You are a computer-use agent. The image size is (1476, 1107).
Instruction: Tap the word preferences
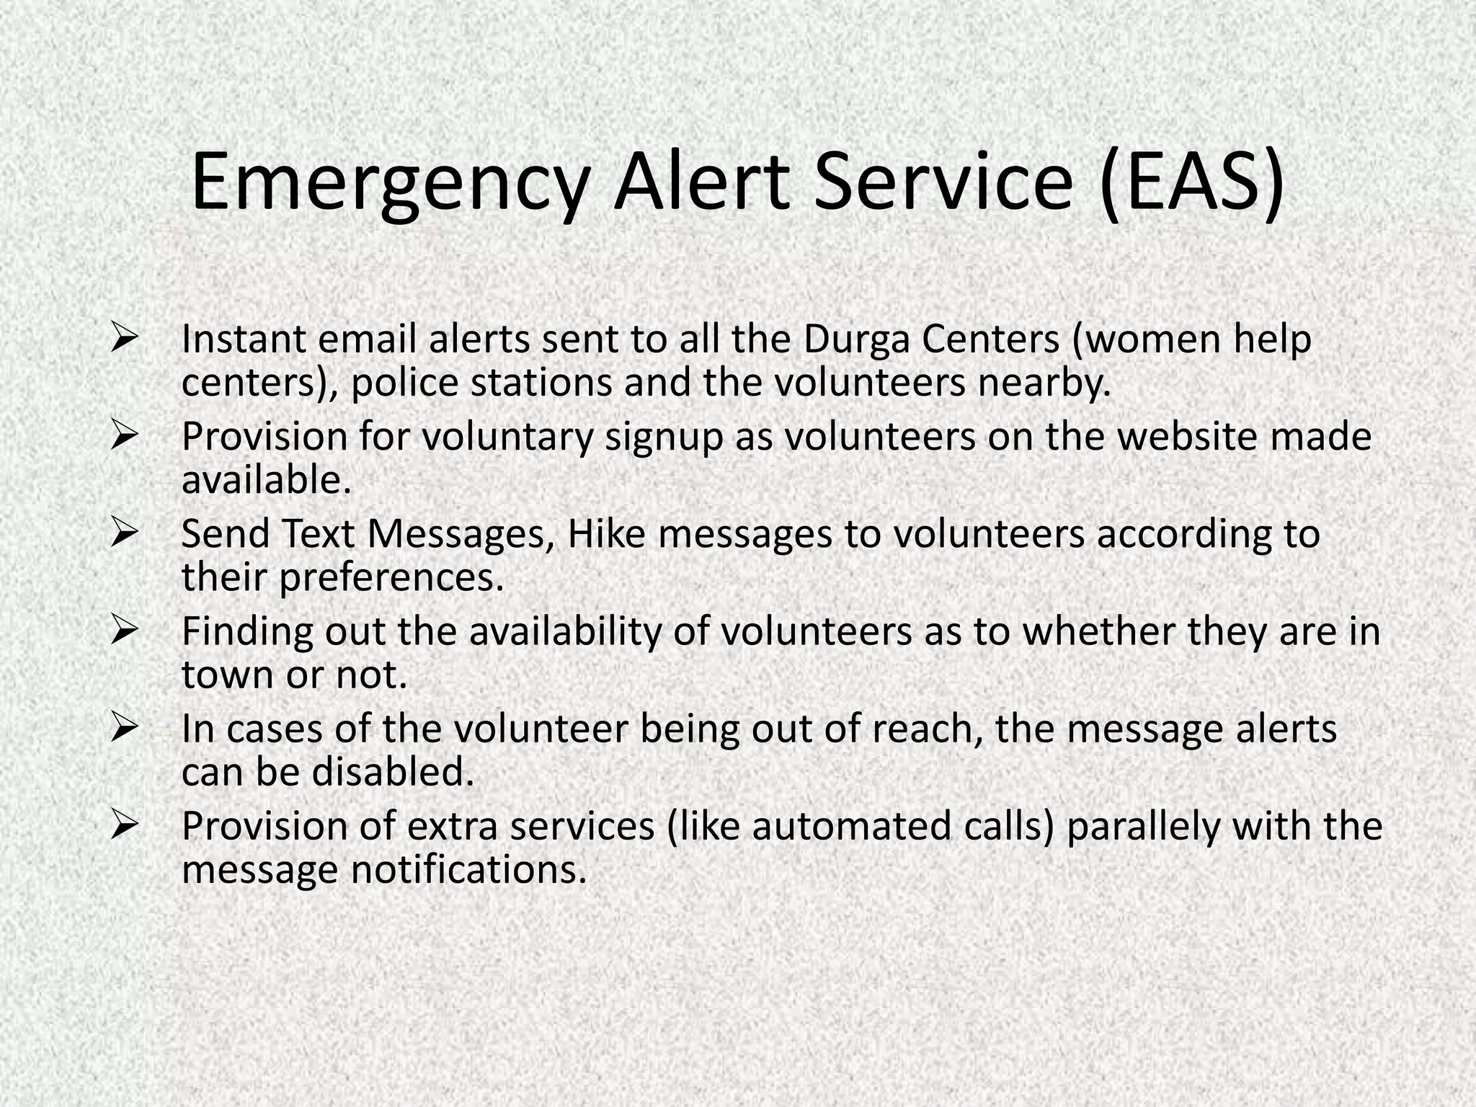pos(391,578)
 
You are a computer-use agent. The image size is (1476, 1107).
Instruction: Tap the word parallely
pos(1142,827)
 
